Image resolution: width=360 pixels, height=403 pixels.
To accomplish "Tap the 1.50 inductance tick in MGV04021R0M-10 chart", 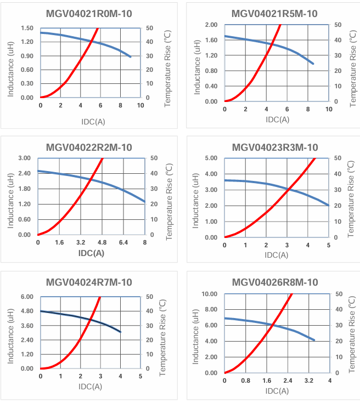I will (x=27, y=28).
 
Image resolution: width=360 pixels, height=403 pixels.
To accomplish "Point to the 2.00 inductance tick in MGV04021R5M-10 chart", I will (x=211, y=25).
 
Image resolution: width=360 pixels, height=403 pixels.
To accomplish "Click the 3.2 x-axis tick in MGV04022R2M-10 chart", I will (x=81, y=242).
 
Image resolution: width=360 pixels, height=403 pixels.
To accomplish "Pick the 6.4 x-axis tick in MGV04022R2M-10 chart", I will (x=123, y=242).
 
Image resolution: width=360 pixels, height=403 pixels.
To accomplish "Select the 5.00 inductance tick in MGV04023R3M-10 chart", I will (x=211, y=158).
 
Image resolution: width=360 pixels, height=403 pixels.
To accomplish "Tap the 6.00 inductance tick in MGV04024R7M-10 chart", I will (x=27, y=297).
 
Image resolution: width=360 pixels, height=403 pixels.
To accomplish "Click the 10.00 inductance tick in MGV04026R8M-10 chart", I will (x=209, y=294).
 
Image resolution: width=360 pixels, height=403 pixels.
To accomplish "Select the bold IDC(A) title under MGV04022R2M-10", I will (x=91, y=253).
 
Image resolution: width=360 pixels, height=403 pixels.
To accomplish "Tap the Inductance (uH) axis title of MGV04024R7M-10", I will (x=10, y=333).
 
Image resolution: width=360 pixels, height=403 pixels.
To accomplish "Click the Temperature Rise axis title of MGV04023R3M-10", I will (x=352, y=197).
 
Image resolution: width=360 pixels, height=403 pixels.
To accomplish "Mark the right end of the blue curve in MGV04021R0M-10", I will (x=131, y=56).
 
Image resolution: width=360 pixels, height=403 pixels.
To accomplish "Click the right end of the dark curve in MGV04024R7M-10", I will (x=120, y=332).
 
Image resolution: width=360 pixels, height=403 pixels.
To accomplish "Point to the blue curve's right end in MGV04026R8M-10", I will (x=314, y=340).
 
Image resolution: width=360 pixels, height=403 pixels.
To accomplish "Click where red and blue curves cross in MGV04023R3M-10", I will (x=288, y=190).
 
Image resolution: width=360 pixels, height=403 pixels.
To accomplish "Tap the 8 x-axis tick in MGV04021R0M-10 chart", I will (x=121, y=105).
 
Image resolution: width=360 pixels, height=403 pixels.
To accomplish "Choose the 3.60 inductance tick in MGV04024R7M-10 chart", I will (x=27, y=326).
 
